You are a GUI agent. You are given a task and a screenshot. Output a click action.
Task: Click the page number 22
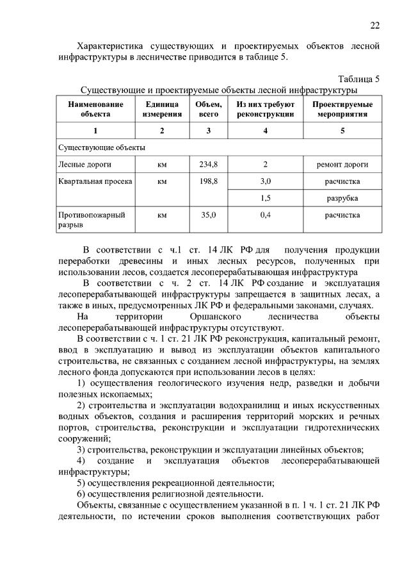(374, 25)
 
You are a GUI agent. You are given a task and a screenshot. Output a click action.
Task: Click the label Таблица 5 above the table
(358, 79)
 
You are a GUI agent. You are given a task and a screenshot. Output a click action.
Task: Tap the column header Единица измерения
(162, 109)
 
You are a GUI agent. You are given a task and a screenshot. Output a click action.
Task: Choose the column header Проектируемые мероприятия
(342, 109)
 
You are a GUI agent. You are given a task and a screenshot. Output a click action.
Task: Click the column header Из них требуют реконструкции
(265, 109)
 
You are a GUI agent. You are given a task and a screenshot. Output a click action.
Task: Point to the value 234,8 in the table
(209, 164)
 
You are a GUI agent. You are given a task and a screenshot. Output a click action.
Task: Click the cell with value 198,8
(209, 181)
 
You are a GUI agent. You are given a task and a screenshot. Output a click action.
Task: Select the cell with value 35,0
(209, 215)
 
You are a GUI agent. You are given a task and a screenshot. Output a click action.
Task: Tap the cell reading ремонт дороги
(342, 164)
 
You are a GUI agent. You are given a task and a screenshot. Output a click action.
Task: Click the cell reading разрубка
(342, 198)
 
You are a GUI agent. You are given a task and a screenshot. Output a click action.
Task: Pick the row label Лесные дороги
(81, 164)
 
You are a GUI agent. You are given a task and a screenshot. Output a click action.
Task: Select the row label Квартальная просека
(95, 181)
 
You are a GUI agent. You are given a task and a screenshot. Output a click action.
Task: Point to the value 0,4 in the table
(265, 215)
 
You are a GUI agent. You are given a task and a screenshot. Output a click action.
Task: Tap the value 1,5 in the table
(265, 198)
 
